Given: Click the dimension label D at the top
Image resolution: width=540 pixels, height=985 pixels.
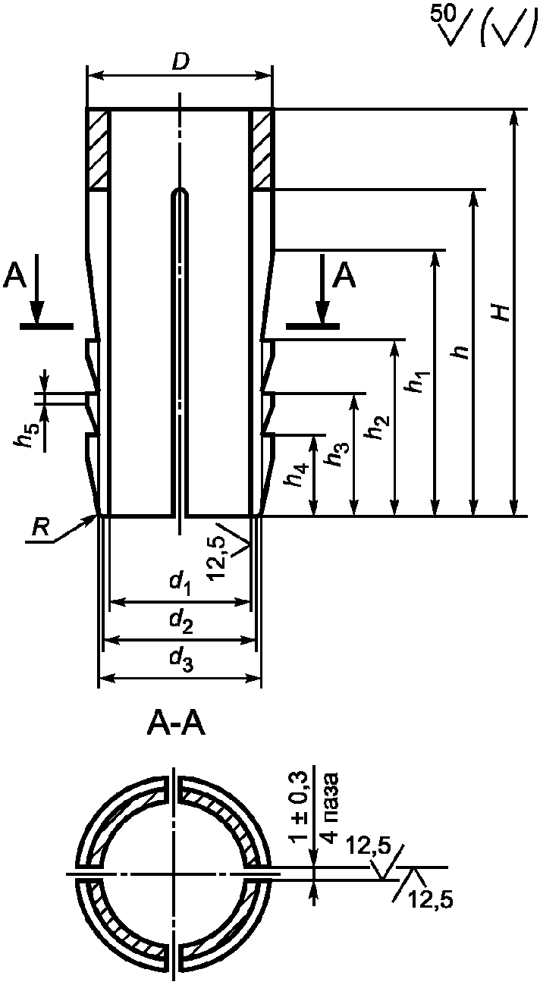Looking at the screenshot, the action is (x=180, y=64).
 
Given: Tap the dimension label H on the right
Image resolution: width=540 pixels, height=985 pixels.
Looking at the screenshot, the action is (x=501, y=312).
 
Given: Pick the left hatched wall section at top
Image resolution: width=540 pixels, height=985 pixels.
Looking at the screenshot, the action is (x=98, y=149).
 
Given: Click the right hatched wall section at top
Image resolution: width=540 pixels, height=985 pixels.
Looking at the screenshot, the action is (x=262, y=149).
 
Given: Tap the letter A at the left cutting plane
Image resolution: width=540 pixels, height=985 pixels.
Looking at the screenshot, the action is (x=14, y=278).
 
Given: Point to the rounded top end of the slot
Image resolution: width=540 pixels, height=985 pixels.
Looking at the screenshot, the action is (x=179, y=192).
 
